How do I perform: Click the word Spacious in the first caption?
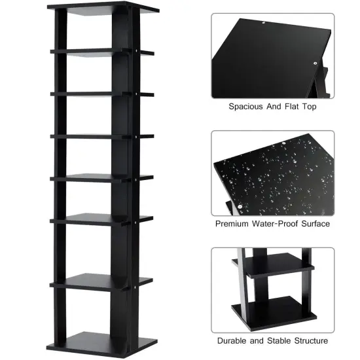(245, 106)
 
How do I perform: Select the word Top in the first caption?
(308, 106)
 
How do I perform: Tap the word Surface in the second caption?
(315, 224)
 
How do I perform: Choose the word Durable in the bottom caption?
(233, 341)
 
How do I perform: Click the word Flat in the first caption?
(289, 106)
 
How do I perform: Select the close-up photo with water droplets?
(272, 173)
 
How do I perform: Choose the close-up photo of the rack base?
(272, 290)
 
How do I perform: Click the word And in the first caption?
(270, 106)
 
